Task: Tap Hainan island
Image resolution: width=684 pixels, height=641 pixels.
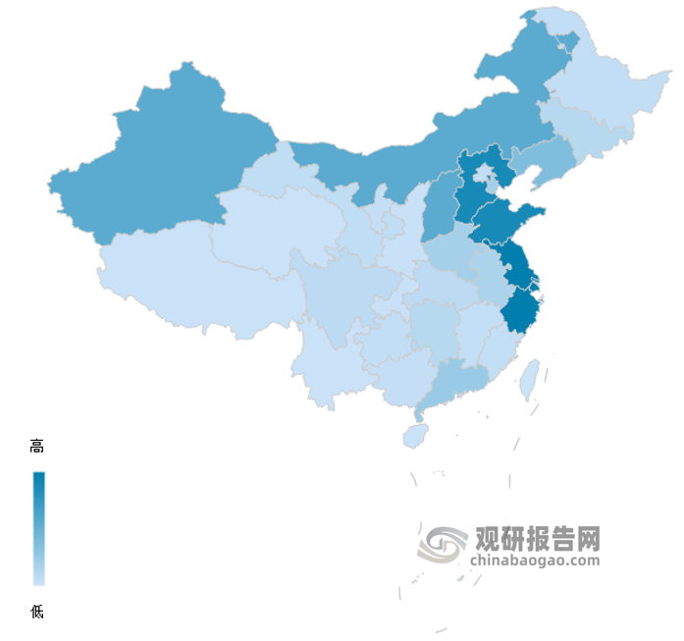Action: pos(415,433)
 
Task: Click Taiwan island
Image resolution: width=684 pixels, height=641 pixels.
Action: pos(529,377)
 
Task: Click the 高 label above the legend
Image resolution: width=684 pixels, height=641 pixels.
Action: pos(37,447)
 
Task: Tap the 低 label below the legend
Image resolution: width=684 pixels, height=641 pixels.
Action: pos(37,612)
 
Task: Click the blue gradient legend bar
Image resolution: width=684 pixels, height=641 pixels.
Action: pos(38,528)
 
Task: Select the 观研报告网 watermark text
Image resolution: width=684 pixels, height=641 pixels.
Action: pos(537,539)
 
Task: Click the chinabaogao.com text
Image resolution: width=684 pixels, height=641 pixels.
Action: pos(536,561)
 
